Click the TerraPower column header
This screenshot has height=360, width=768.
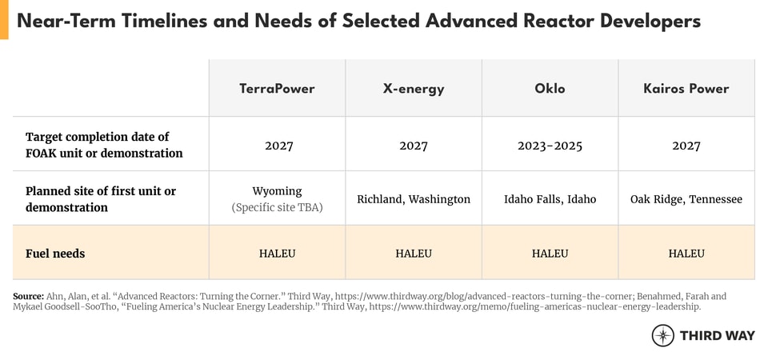[278, 89]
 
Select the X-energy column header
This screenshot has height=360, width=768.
[414, 89]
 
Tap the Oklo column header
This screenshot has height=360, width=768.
[550, 89]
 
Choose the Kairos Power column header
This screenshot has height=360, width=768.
[686, 89]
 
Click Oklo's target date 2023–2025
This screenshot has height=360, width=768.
[550, 146]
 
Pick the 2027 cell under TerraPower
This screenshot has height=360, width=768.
[278, 146]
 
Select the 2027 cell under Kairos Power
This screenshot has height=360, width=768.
[686, 146]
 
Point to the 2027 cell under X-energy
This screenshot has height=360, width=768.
[414, 146]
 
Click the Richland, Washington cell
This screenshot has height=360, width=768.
[414, 199]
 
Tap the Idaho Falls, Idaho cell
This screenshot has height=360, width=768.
[550, 199]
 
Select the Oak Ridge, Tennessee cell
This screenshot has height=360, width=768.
[686, 199]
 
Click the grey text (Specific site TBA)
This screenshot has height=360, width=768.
[278, 208]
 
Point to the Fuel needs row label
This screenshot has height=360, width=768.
[55, 254]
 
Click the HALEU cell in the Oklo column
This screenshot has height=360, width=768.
[550, 254]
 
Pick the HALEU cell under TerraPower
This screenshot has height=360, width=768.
[278, 254]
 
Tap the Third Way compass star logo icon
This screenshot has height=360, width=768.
[663, 335]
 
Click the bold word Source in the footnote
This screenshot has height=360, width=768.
[29, 296]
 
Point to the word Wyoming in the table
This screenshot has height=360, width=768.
[278, 191]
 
